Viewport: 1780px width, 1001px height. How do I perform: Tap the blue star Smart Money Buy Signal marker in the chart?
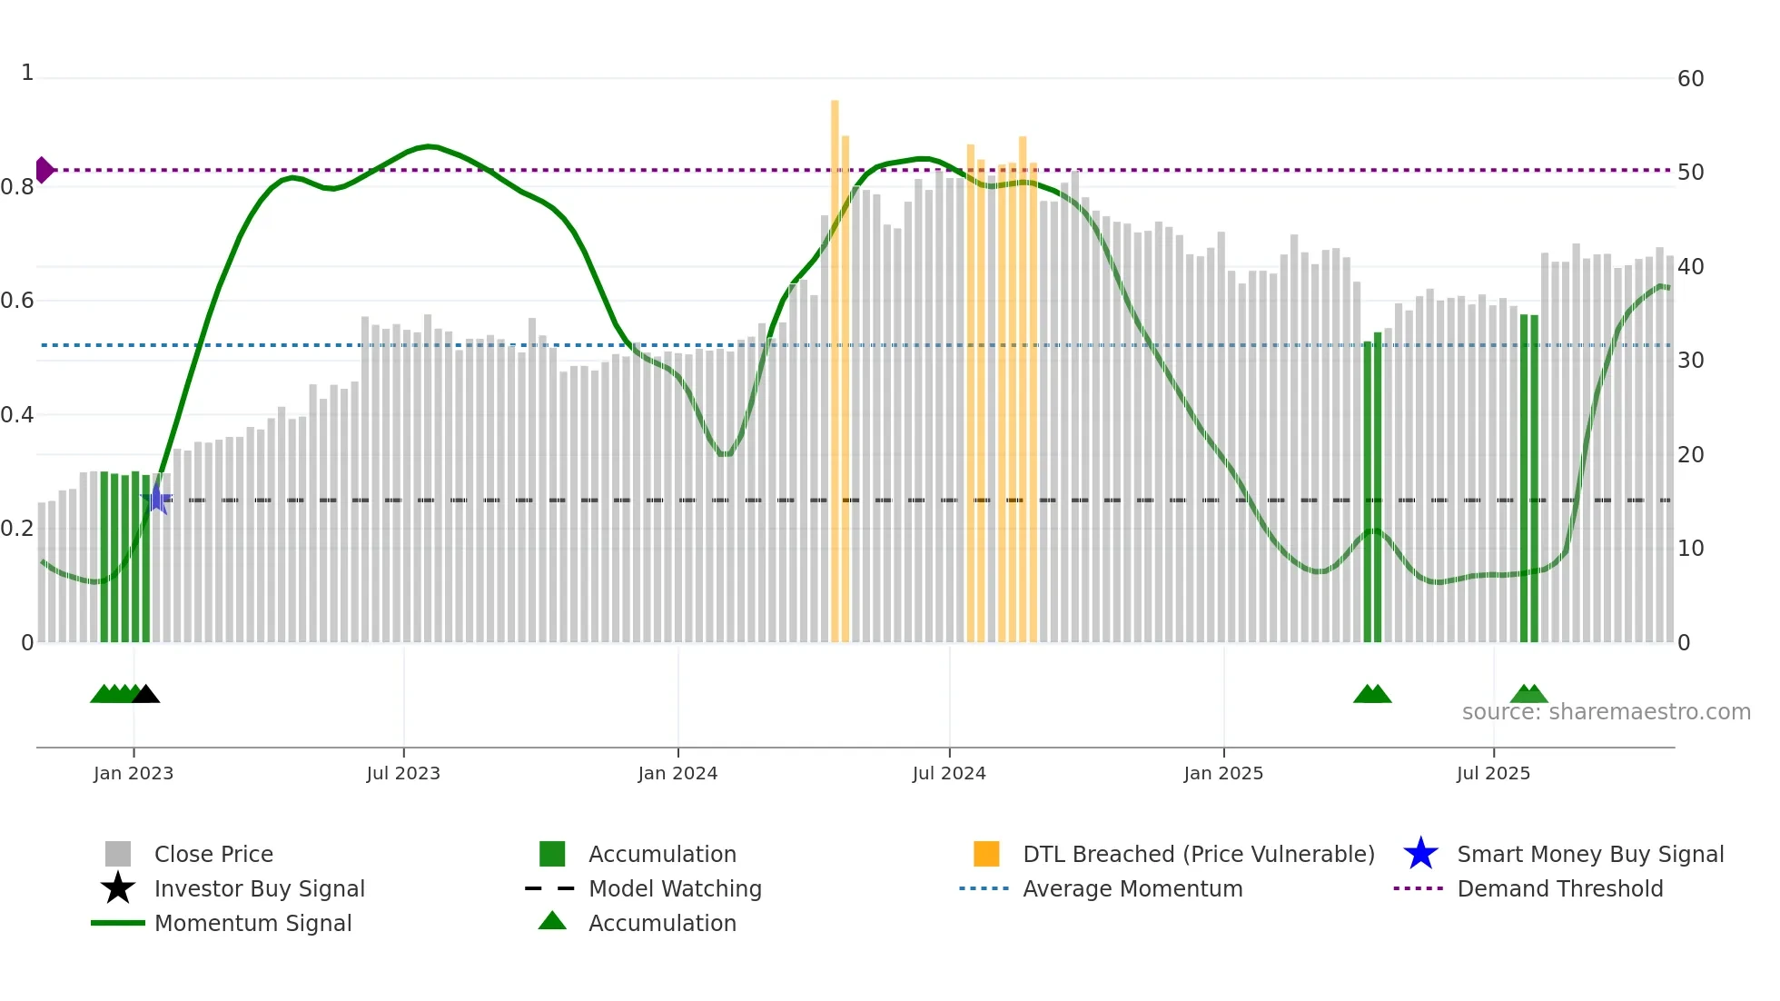tap(157, 499)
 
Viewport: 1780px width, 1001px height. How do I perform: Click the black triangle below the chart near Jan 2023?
tap(146, 695)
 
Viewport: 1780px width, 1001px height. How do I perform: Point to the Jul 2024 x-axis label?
tap(949, 773)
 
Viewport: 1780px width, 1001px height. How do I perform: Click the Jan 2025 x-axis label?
tap(1223, 773)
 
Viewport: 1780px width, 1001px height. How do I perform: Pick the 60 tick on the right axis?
tap(1690, 79)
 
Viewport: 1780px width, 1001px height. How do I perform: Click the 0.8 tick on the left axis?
tap(17, 187)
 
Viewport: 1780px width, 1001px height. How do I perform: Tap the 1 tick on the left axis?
tap(27, 73)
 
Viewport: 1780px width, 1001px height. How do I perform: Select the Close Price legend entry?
tap(213, 854)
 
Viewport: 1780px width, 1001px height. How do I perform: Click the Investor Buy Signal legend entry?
tap(259, 888)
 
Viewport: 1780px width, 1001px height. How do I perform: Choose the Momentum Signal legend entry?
tap(252, 923)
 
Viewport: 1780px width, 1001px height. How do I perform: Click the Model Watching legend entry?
tap(675, 888)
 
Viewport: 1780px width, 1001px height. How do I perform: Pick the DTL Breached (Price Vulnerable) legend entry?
tap(1198, 854)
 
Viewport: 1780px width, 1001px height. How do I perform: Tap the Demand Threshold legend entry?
tap(1559, 888)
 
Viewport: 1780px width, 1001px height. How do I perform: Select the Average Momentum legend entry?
tap(1132, 888)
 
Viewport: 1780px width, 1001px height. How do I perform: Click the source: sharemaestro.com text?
tap(1606, 712)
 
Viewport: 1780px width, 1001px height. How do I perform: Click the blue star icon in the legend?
tap(1420, 854)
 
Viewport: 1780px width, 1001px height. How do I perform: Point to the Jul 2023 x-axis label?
tap(403, 773)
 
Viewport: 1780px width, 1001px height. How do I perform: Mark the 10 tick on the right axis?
tap(1690, 549)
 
